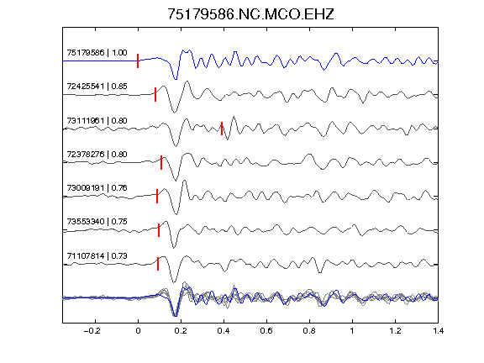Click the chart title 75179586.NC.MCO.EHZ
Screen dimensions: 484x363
pyautogui.click(x=250, y=14)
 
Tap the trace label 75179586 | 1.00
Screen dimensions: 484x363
pyautogui.click(x=97, y=53)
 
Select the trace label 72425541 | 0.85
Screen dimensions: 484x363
pyautogui.click(x=97, y=87)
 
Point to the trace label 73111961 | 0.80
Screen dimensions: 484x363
pyautogui.click(x=97, y=121)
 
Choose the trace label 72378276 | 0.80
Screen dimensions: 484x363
pyautogui.click(x=97, y=155)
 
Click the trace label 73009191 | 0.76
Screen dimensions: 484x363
pyautogui.click(x=97, y=188)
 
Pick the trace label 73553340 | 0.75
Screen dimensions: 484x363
pyautogui.click(x=97, y=222)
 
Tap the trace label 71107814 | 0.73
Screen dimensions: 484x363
pyautogui.click(x=97, y=256)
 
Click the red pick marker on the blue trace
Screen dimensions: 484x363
pyautogui.click(x=138, y=60)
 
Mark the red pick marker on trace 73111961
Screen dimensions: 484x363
pyautogui.click(x=222, y=129)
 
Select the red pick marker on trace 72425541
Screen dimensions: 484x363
pyautogui.click(x=155, y=94)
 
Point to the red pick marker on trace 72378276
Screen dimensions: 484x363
pyautogui.click(x=161, y=163)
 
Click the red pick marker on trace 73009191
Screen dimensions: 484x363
pyautogui.click(x=157, y=196)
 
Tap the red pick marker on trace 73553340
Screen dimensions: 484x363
pyautogui.click(x=159, y=230)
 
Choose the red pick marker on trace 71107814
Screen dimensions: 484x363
pyautogui.click(x=158, y=264)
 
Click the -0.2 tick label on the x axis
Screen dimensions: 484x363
pyautogui.click(x=92, y=331)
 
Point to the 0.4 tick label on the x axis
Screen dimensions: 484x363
pyautogui.click(x=224, y=331)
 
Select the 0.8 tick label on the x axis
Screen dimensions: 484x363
pyautogui.click(x=309, y=331)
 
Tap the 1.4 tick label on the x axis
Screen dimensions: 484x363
pyautogui.click(x=439, y=331)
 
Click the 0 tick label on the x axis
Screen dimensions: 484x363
pyautogui.click(x=138, y=331)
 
